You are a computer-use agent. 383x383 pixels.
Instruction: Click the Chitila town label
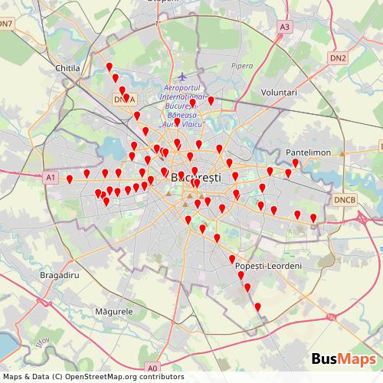coord(68,68)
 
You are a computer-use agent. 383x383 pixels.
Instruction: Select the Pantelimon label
coord(308,152)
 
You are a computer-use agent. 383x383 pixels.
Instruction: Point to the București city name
coord(196,177)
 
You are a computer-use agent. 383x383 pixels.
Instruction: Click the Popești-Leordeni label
coord(270,265)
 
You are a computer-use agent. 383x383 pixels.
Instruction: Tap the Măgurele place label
coord(115,312)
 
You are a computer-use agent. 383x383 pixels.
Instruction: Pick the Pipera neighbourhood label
coord(241,66)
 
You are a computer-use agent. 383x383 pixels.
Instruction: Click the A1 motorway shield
coord(51,177)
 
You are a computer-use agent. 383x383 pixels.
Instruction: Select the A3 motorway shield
coord(285,27)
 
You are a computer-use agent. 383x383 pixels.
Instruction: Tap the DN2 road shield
coord(339,57)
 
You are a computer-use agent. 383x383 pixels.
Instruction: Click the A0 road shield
coord(152,368)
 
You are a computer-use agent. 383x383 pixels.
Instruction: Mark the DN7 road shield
coord(7,24)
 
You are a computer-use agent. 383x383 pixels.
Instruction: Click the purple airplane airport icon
coord(182,77)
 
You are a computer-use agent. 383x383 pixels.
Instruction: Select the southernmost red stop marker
coord(257,308)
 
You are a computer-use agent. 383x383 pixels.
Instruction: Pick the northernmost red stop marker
coord(110,67)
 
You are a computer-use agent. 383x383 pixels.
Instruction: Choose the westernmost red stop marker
coord(70,180)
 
